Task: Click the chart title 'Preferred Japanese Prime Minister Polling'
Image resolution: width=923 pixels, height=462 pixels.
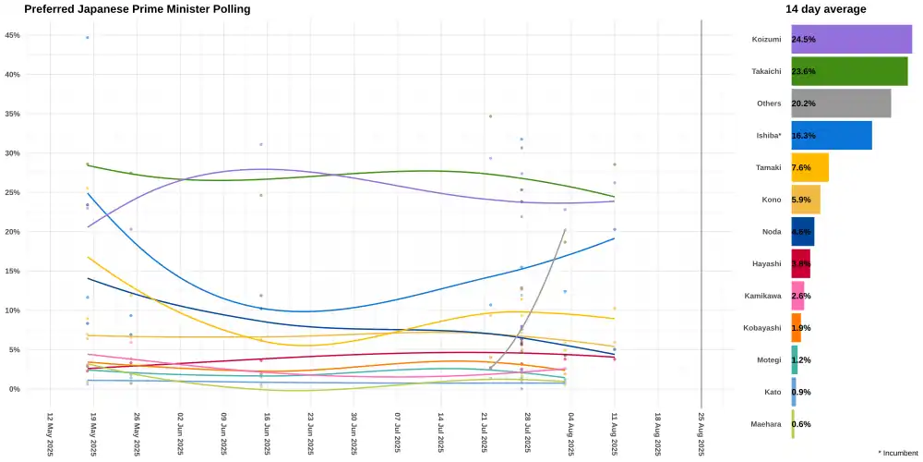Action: pos(137,9)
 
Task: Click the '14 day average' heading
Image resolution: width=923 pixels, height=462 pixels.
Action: pos(825,9)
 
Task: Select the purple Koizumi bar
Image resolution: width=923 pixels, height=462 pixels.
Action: pos(851,40)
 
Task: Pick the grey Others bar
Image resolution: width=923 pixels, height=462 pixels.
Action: pos(841,103)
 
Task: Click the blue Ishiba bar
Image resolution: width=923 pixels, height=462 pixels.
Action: pos(831,136)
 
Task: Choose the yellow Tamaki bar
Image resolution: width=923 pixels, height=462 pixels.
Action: pos(809,167)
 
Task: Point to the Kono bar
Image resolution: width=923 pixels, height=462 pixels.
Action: pos(805,200)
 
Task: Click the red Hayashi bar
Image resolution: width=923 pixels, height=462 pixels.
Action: pos(800,263)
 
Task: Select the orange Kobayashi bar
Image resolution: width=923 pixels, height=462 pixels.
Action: pos(796,328)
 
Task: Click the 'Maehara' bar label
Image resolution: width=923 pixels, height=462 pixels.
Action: pos(764,424)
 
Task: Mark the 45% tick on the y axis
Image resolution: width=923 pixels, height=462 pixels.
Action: pos(13,35)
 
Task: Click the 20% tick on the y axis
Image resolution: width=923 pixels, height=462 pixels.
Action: pos(13,232)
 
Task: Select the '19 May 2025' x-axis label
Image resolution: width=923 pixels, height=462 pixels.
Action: pos(93,432)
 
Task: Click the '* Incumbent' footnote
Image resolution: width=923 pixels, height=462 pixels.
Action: pos(898,453)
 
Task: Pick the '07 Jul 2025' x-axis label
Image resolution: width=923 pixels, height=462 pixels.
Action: pos(398,432)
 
